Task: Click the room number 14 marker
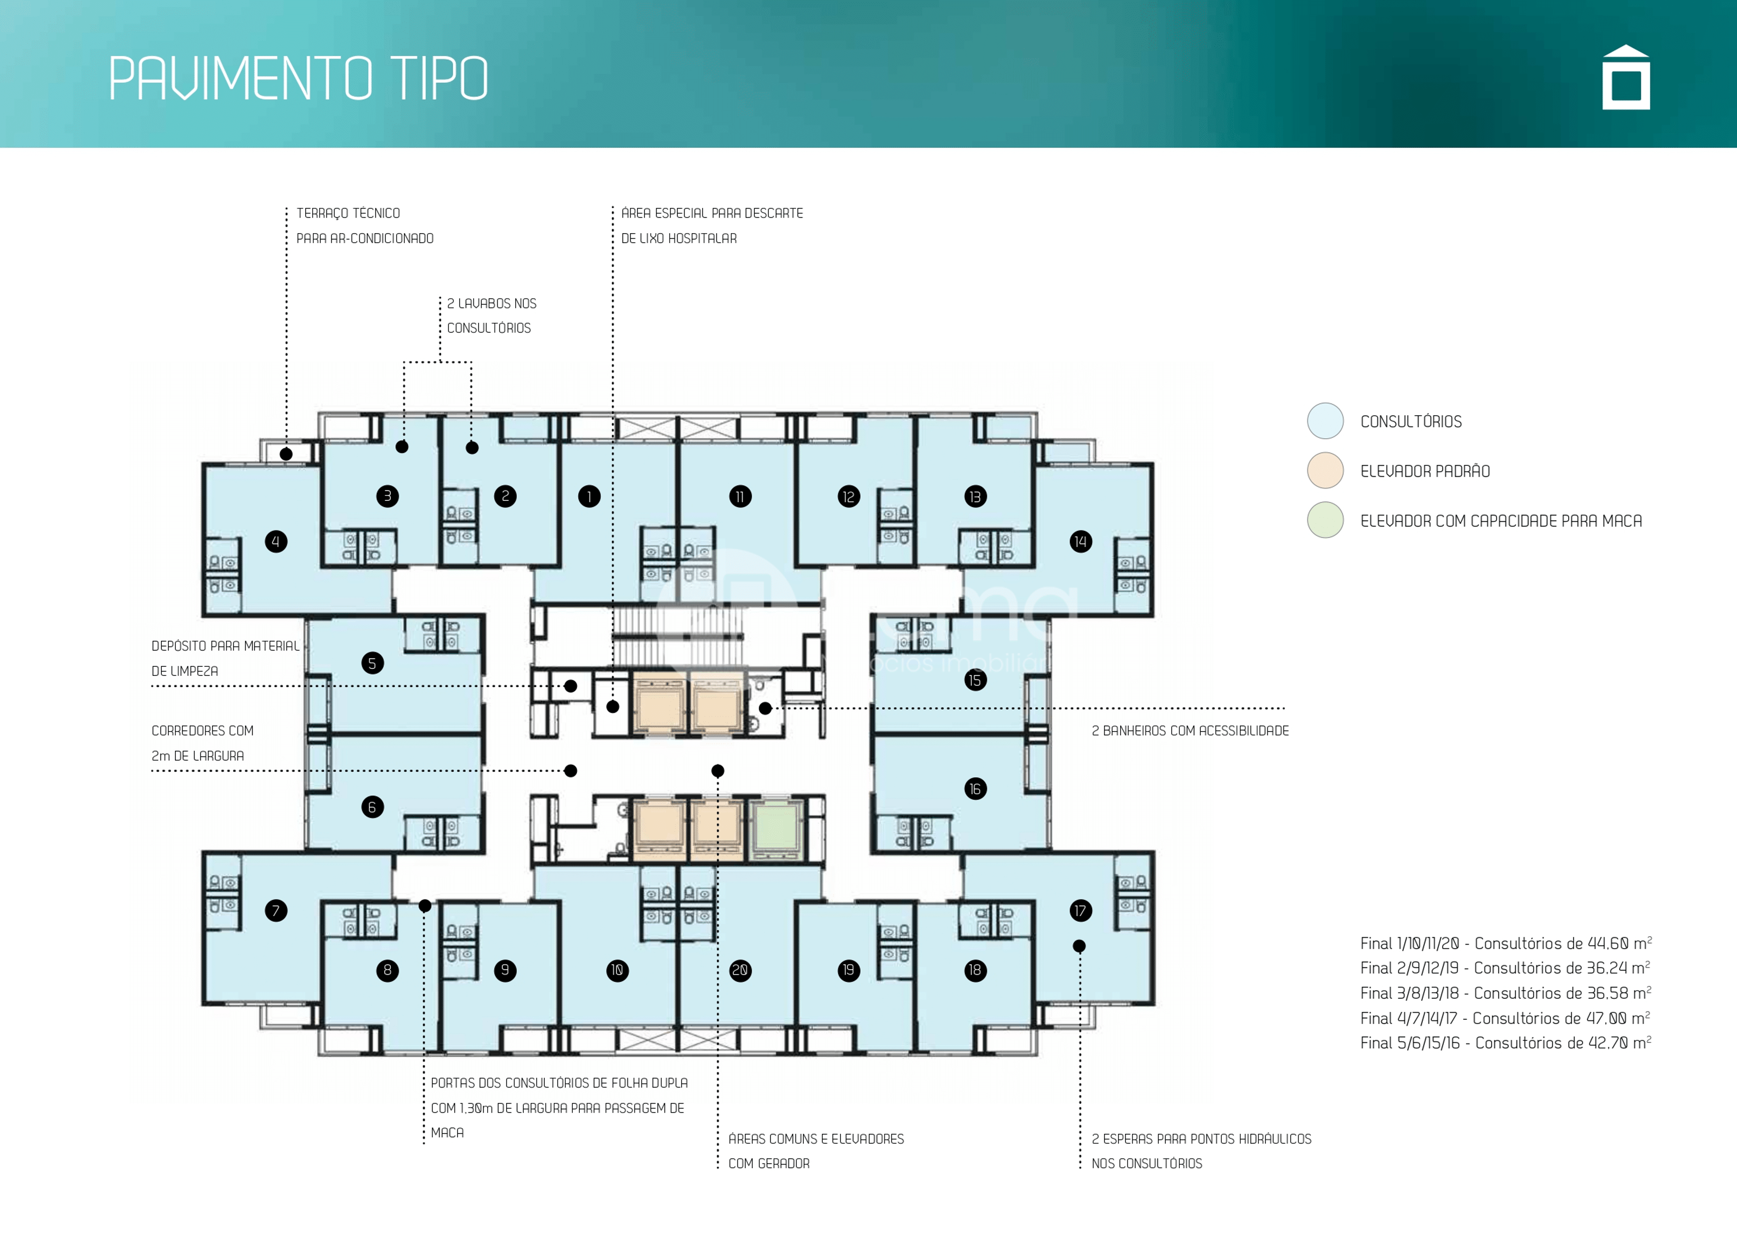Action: click(x=1080, y=542)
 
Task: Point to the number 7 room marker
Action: click(x=276, y=910)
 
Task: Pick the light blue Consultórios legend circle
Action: click(x=1325, y=421)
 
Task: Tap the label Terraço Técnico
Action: click(x=348, y=213)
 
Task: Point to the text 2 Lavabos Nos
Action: click(x=492, y=303)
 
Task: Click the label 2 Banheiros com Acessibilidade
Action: click(x=1190, y=731)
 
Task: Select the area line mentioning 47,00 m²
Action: click(x=1505, y=1018)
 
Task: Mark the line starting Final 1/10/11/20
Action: click(x=1505, y=943)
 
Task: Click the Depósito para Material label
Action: click(x=226, y=646)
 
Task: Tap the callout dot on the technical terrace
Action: click(x=287, y=454)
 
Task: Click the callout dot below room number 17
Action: click(x=1079, y=946)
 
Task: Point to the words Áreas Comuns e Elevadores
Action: click(x=816, y=1139)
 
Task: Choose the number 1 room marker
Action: click(x=589, y=497)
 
